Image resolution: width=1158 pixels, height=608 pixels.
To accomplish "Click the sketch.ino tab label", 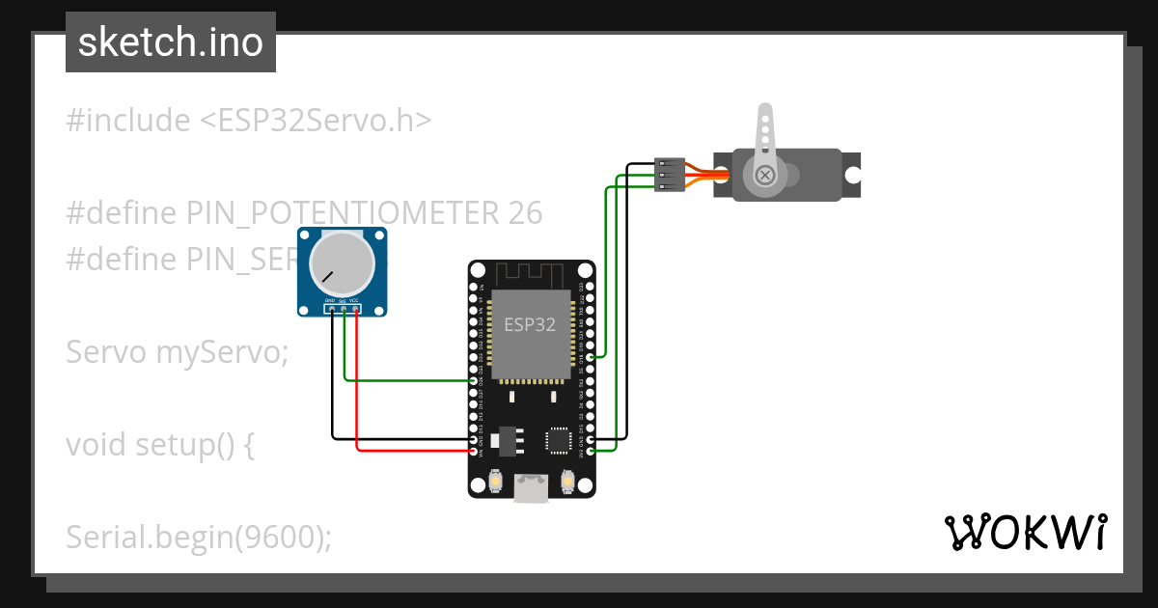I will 171,42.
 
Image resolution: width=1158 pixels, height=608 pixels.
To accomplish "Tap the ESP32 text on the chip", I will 531,324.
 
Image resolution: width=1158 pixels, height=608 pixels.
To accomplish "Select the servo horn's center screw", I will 765,175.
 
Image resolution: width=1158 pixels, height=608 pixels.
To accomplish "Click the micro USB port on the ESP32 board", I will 531,489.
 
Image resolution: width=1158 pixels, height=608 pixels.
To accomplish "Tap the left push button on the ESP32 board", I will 495,480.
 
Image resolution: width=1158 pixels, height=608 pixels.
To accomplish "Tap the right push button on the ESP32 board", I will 567,480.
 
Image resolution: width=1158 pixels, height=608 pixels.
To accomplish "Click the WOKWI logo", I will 1025,533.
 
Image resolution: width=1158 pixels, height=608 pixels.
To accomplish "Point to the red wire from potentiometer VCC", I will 358,386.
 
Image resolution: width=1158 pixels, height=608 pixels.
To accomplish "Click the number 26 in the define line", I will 524,213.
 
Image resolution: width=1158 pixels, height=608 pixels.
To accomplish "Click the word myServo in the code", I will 222,352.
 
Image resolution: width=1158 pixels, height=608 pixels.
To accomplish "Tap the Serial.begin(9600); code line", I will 199,537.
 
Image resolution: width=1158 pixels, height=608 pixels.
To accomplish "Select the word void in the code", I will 96,445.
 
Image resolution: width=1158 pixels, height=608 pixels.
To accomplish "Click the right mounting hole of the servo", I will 853,175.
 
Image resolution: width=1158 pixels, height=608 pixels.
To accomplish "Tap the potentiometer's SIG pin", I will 344,309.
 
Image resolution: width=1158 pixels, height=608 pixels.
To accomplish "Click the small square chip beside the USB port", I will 559,440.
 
